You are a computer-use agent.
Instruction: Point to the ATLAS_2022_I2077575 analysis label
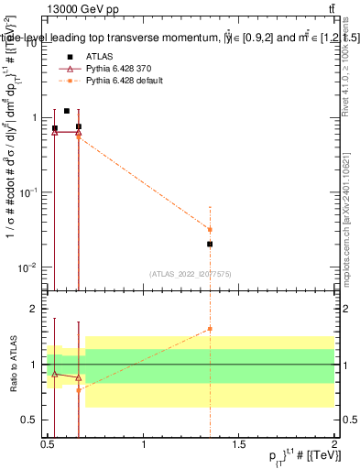[190, 273]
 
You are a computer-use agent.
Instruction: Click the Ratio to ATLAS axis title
[12, 365]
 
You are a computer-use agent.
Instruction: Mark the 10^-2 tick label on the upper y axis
[27, 267]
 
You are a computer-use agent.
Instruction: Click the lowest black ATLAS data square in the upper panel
[211, 245]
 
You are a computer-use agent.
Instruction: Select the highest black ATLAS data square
[67, 111]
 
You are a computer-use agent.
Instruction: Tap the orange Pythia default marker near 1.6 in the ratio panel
[211, 329]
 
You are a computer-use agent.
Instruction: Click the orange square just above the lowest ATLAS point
[211, 230]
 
